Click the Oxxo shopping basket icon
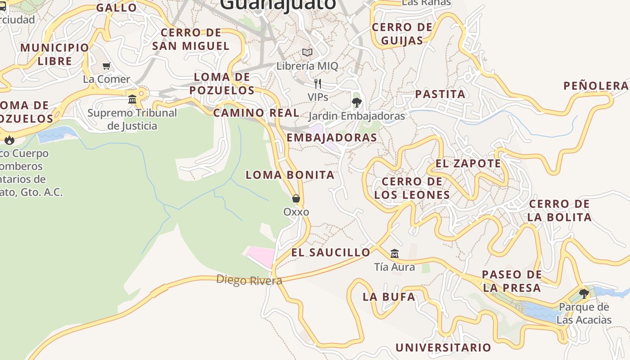296,198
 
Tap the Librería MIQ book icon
307,53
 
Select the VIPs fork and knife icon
318,83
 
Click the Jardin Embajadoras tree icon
357,103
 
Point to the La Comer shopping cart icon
107,66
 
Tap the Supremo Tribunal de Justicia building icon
132,99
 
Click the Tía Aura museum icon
395,253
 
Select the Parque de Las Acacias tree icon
584,294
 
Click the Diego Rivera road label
249,280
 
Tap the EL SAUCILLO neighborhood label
331,252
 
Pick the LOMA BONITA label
290,175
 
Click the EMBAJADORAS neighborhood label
332,138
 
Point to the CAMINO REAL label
256,113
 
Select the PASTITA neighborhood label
440,94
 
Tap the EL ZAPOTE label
468,163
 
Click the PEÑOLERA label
596,86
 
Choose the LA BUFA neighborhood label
389,297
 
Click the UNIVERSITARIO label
443,347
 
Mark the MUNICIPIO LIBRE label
55,54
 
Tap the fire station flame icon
9,140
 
